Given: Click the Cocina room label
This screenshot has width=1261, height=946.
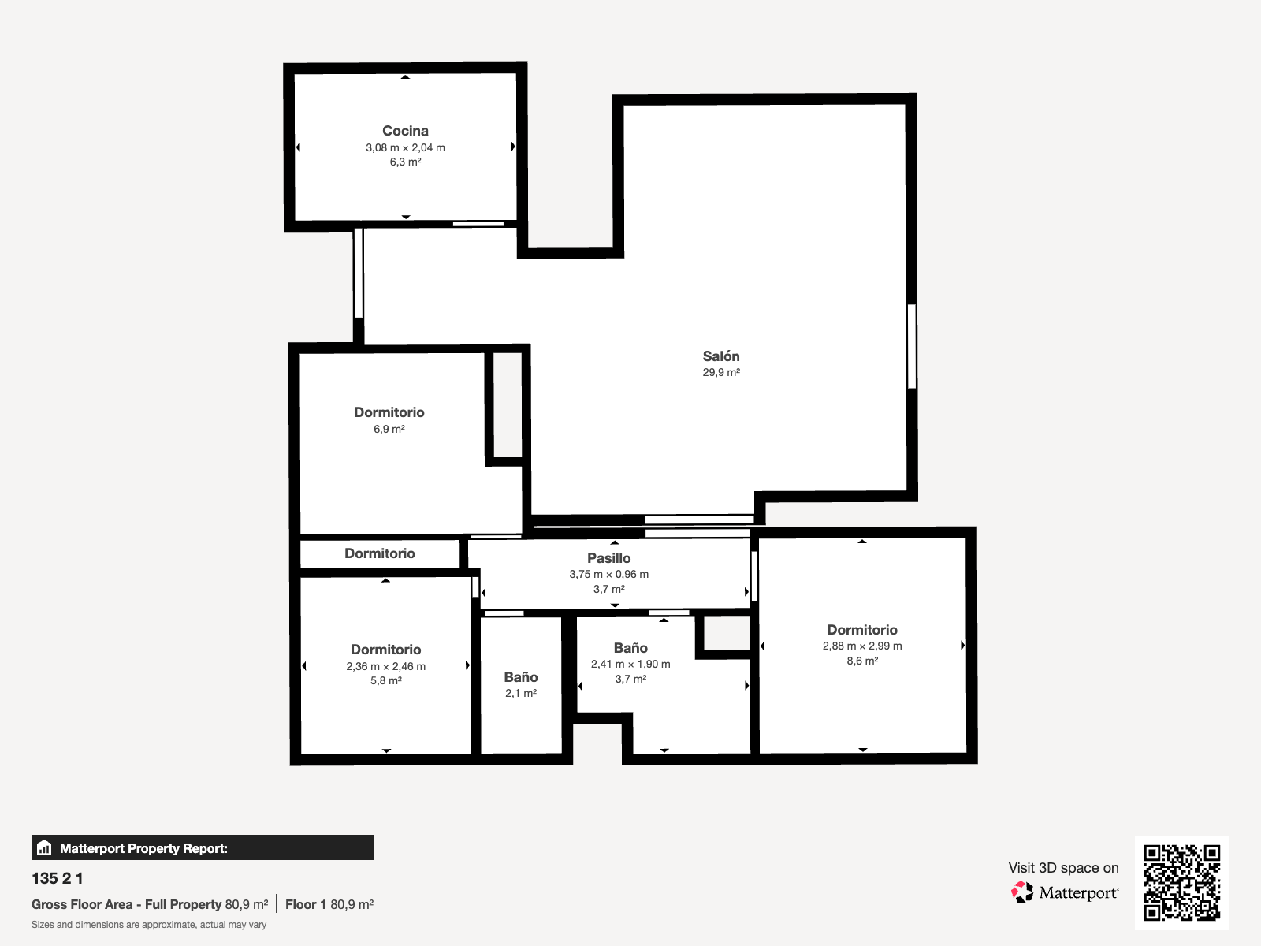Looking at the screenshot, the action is tap(405, 131).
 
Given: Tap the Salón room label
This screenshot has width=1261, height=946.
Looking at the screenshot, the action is tap(721, 356).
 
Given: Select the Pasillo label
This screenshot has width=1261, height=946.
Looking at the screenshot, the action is tap(609, 557).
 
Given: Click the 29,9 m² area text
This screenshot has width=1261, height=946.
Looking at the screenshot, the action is tap(721, 372).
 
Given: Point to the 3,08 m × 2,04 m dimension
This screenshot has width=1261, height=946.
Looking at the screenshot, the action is tap(405, 147).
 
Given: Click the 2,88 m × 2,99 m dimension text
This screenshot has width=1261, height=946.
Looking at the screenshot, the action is tap(861, 646).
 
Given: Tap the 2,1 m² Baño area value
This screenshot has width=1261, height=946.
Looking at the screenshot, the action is tap(520, 693).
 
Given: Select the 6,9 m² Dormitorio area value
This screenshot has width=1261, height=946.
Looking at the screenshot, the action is tap(389, 429).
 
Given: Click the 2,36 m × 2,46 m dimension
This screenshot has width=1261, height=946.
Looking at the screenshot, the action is tap(385, 666).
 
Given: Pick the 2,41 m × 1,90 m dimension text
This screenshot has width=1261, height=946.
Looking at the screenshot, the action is tap(630, 664).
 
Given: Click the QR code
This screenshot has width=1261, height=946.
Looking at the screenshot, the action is tap(1181, 882).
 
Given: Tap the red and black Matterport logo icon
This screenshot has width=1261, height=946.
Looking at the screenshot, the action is tap(1022, 892).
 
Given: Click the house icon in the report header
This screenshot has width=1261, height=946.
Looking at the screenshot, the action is tap(44, 847).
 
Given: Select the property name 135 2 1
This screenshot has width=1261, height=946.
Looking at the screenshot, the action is tap(58, 878).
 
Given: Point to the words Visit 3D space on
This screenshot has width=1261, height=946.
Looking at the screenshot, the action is tap(1063, 868).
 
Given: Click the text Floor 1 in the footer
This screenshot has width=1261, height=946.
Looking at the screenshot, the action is tap(306, 905).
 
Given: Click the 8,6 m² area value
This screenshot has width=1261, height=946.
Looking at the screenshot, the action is tap(861, 661).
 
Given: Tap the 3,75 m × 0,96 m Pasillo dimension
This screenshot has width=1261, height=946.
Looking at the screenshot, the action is tap(609, 574).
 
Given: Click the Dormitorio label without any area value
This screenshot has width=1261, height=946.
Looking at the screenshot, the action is tap(379, 553).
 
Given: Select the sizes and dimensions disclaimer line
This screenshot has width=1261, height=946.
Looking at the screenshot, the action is tap(149, 925).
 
